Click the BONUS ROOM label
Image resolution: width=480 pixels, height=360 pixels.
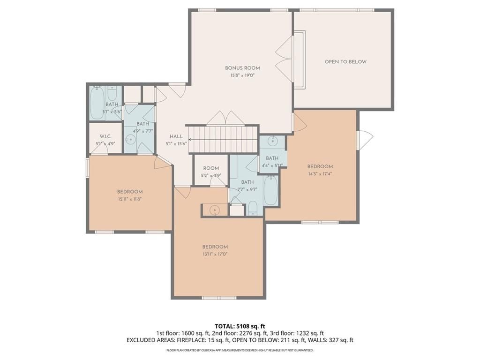[x=242, y=68]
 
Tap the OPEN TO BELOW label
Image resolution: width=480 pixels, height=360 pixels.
[x=345, y=61]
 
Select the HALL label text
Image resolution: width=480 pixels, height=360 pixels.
[x=176, y=136]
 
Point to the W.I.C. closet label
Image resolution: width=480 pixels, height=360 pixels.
[x=105, y=136]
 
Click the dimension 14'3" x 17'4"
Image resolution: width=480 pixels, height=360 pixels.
[x=320, y=173]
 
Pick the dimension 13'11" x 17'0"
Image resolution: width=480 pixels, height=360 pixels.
[x=215, y=254]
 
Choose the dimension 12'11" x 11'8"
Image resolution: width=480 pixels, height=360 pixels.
[x=130, y=199]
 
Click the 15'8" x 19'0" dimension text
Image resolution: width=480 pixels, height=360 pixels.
[x=242, y=75]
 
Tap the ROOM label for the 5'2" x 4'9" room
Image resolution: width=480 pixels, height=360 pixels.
[x=211, y=168]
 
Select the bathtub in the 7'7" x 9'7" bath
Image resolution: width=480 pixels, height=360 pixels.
[x=270, y=190]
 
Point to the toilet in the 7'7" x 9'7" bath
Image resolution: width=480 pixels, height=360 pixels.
[x=253, y=208]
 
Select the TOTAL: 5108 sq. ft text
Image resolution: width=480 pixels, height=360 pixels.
[x=238, y=326]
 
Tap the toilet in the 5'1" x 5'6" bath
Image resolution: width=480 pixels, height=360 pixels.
[x=112, y=93]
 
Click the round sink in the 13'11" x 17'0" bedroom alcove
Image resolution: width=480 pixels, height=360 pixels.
[x=215, y=210]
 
